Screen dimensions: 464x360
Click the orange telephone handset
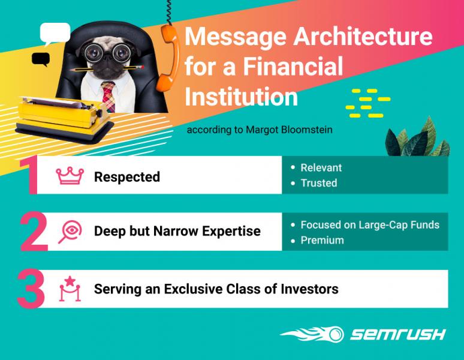(169, 58)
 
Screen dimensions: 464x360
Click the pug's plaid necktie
(109, 96)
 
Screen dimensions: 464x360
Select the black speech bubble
(41, 59)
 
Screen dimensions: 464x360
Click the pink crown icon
(70, 176)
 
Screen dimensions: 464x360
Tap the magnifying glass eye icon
(70, 232)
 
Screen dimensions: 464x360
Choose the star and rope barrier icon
(70, 289)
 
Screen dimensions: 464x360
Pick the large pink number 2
(34, 232)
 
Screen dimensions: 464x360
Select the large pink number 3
(31, 289)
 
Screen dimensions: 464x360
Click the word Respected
(127, 177)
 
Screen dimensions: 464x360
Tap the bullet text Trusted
(319, 183)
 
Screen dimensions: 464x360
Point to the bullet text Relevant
(321, 167)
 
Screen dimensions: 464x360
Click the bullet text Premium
(323, 240)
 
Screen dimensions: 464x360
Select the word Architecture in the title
(363, 36)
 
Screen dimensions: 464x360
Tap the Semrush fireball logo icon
(312, 334)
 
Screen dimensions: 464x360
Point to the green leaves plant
(417, 139)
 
